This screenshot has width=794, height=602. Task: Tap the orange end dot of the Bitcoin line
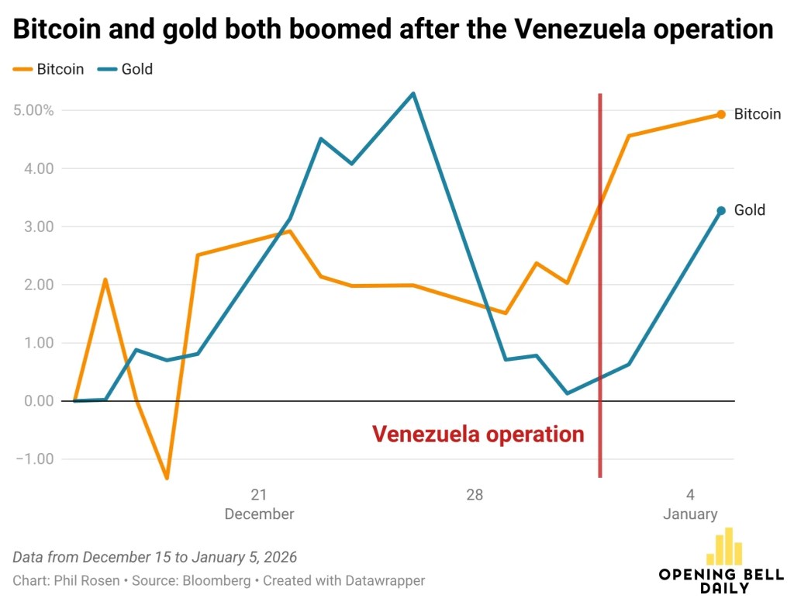[x=721, y=114]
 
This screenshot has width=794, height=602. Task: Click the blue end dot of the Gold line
[x=721, y=210]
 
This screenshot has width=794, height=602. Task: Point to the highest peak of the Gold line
[x=413, y=94]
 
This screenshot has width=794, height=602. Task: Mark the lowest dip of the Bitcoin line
[x=167, y=478]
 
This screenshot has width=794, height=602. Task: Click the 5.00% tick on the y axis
[x=34, y=110]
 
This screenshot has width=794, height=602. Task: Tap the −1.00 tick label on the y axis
[x=35, y=459]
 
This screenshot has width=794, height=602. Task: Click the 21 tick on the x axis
[x=258, y=495]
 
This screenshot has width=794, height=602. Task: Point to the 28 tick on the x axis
[x=475, y=495]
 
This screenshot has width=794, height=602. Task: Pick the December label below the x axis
[x=259, y=514]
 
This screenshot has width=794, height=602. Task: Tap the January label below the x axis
[x=690, y=514]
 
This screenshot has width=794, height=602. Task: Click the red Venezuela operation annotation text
[x=478, y=434]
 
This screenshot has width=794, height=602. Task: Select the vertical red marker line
[x=600, y=310]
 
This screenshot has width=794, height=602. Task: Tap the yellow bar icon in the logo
[x=724, y=546]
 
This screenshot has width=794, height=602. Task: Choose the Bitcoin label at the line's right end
[x=757, y=114]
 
